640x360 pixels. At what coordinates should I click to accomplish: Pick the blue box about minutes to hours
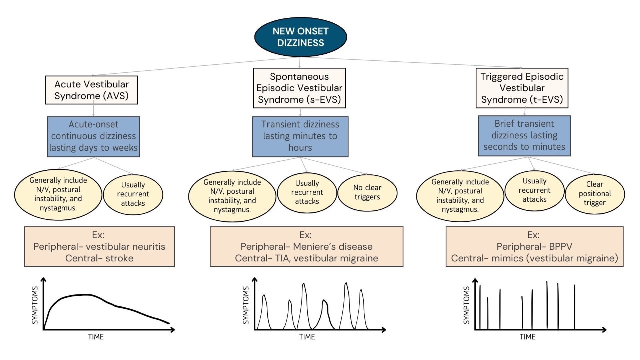pyautogui.click(x=299, y=136)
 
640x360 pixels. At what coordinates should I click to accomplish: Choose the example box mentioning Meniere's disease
pyautogui.click(x=306, y=246)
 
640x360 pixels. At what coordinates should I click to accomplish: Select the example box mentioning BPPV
pyautogui.click(x=534, y=246)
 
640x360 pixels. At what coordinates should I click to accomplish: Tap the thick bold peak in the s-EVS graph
pyautogui.click(x=325, y=305)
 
